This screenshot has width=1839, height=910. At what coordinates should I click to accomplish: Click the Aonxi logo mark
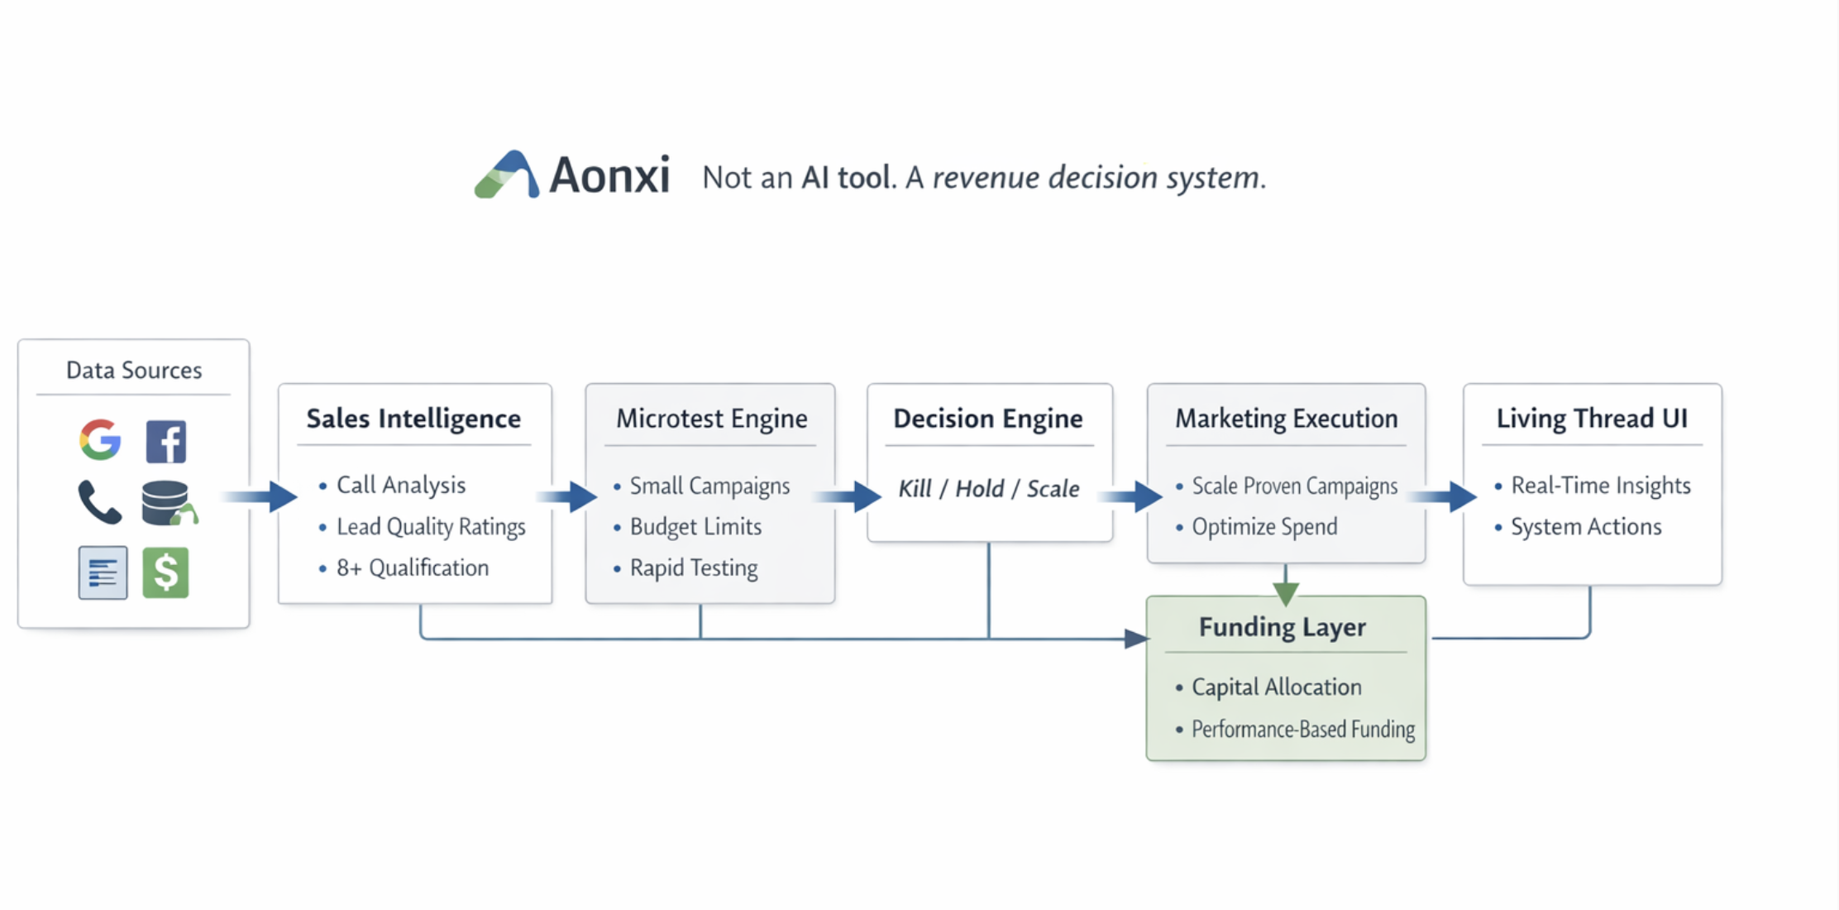[506, 175]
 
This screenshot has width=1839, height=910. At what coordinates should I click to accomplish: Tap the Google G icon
[100, 439]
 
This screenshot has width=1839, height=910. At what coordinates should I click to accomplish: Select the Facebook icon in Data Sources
[166, 441]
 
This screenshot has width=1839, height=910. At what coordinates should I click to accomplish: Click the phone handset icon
[99, 502]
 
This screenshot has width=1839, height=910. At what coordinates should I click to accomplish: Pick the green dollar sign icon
[165, 572]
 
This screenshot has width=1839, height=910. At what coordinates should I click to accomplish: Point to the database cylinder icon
[165, 502]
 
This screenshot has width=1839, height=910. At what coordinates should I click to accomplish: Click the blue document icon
[103, 572]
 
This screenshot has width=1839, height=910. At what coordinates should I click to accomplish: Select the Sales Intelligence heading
[413, 419]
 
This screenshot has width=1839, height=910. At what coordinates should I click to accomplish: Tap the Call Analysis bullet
[400, 485]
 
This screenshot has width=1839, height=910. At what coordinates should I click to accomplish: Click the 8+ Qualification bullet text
[412, 568]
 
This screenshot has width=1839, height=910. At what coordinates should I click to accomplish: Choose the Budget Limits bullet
[695, 526]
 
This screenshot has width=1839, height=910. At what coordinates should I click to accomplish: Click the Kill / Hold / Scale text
[989, 488]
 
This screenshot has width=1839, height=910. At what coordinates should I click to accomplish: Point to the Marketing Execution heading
[1287, 419]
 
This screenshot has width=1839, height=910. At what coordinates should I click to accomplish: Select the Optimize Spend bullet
[1263, 526]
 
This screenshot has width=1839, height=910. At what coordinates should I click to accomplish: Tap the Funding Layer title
[1283, 627]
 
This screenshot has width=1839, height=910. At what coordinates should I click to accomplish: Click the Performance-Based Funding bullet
[1302, 729]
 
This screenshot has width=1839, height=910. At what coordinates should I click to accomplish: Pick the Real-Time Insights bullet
[1600, 485]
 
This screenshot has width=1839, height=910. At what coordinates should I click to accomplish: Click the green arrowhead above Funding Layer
[1286, 592]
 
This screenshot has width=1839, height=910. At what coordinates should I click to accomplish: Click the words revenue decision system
[1098, 177]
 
